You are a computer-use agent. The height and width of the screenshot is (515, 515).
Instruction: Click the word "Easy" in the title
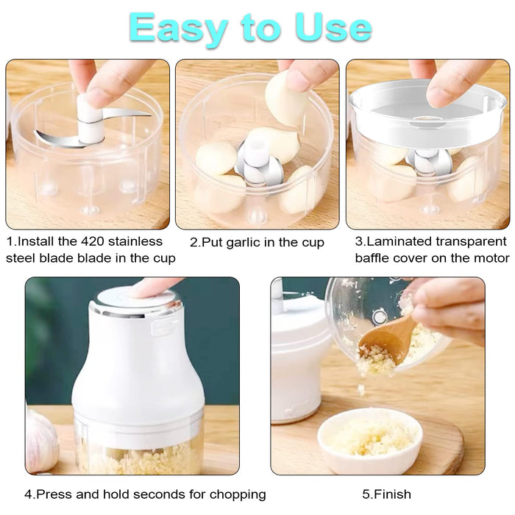pos(176,28)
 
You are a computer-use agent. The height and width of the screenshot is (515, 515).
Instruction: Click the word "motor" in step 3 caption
pos(489,258)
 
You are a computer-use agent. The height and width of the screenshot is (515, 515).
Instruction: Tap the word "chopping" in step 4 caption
pos(234,494)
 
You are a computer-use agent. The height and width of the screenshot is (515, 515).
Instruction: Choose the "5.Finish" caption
pos(386,494)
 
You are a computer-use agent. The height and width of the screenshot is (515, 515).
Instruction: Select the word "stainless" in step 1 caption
pos(139,241)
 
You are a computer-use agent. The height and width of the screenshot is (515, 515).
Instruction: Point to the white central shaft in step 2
pos(257,151)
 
